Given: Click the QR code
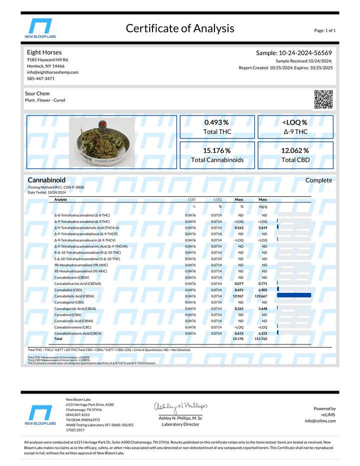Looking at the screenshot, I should click(323, 99).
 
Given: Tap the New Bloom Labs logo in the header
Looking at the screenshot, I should click(40, 28).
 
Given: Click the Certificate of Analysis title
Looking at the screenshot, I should click(179, 28).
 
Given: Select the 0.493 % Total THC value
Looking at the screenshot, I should click(216, 122).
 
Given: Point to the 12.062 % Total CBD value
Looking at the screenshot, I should click(295, 150).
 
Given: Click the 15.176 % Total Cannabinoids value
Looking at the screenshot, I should click(216, 150).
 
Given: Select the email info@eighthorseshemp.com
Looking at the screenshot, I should click(52, 72).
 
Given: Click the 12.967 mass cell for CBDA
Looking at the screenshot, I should click(238, 296).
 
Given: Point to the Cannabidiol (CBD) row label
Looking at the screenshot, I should click(68, 290).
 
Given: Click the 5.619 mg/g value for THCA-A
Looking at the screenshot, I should click(262, 227).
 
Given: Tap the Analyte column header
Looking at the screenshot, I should click(60, 199).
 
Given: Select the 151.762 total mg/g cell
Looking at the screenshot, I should click(261, 338).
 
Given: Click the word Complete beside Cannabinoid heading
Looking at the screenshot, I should click(318, 180).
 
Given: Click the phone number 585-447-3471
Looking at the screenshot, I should click(41, 78).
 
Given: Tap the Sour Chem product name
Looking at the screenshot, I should click(37, 93).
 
